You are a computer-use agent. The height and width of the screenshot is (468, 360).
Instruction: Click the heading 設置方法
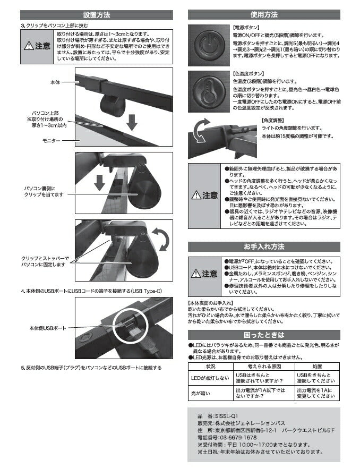(97, 15)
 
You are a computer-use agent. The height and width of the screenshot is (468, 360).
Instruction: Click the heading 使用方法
(264, 15)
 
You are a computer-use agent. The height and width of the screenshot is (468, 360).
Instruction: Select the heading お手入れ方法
(264, 246)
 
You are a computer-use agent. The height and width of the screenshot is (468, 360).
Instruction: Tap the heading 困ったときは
(264, 335)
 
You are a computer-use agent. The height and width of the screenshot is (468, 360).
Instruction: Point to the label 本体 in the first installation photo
(56, 83)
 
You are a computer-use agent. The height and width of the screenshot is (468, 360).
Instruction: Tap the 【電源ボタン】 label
(247, 26)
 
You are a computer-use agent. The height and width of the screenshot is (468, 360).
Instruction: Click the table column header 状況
(210, 367)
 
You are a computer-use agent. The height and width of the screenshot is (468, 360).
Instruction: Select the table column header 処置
(316, 367)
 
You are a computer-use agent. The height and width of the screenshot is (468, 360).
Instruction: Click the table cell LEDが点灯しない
(210, 378)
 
